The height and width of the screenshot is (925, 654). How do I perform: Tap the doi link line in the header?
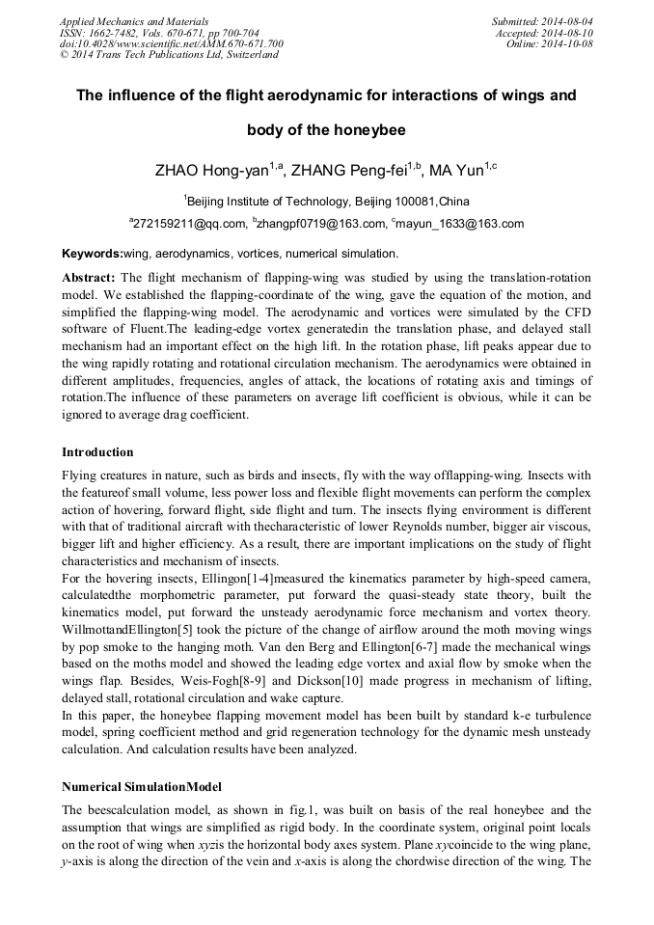(x=171, y=43)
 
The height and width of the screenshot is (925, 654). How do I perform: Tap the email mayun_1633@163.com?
(x=460, y=224)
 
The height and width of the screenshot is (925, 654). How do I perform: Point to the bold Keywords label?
(x=92, y=253)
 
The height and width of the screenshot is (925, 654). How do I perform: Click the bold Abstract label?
(x=89, y=276)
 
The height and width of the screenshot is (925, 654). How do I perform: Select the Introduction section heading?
(x=97, y=451)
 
